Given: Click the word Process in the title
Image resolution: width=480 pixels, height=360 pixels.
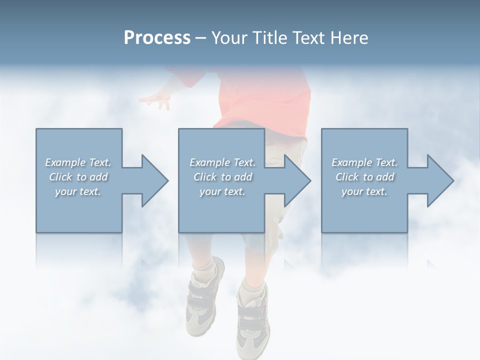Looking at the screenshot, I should tap(157, 38).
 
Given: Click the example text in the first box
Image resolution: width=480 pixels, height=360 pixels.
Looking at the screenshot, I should tap(78, 177).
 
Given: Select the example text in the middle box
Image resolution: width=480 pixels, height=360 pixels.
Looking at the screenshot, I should tap(222, 177).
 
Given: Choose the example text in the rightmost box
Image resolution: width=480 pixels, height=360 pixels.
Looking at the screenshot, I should tap(364, 177).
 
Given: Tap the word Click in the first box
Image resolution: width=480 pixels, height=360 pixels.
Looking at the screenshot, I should tap(61, 177).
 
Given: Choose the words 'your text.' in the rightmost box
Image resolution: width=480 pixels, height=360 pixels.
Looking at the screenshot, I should tap(364, 191).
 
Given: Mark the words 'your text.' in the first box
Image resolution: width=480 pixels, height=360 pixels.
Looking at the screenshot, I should tap(78, 191).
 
